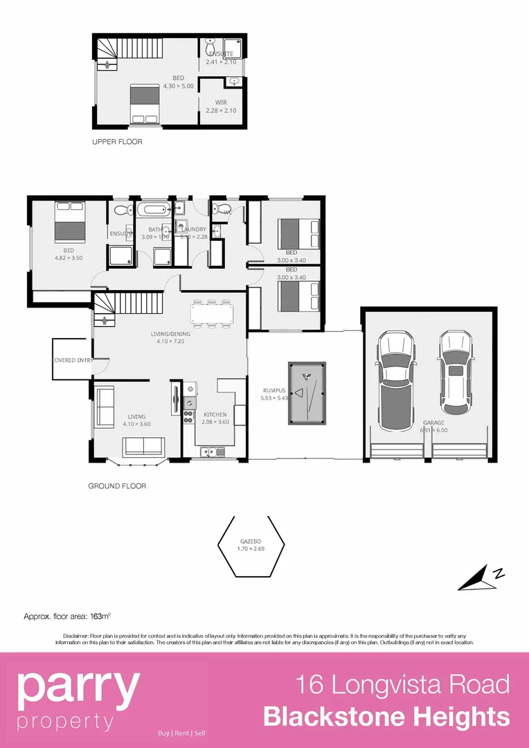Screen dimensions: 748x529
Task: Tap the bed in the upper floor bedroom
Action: tap(146, 104)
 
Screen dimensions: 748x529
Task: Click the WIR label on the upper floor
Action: tap(221, 102)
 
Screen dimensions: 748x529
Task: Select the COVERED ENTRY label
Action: tap(73, 360)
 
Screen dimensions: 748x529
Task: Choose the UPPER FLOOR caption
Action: tap(117, 142)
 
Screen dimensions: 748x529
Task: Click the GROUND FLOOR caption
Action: tap(117, 486)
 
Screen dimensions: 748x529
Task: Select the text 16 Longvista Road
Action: tap(402, 685)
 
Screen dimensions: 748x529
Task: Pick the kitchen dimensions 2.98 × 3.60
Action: tap(215, 422)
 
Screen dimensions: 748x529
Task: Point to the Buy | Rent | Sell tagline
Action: tap(181, 733)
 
